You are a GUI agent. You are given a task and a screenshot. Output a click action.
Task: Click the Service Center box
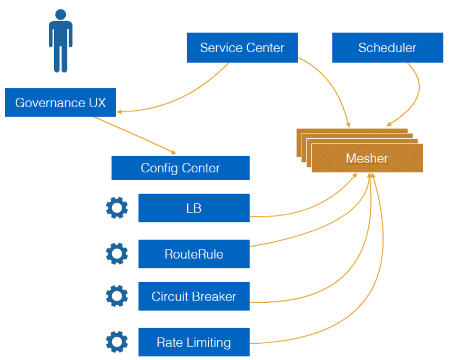pyautogui.click(x=242, y=48)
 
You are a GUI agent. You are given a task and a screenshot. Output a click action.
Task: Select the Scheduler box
pyautogui.click(x=387, y=48)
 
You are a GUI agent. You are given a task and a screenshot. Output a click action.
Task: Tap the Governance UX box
pyautogui.click(x=60, y=102)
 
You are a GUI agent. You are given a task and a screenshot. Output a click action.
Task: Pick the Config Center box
pyautogui.click(x=180, y=168)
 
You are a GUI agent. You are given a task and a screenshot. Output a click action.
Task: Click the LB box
pyautogui.click(x=194, y=208)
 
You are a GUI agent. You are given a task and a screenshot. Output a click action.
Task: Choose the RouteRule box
pyautogui.click(x=194, y=254)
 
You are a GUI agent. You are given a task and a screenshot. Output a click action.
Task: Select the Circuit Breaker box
pyautogui.click(x=194, y=296)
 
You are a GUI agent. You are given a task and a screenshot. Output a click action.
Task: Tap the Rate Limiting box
pyautogui.click(x=194, y=342)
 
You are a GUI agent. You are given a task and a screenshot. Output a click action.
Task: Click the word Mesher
pyautogui.click(x=367, y=158)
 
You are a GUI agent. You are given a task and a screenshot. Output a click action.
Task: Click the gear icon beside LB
pyautogui.click(x=117, y=208)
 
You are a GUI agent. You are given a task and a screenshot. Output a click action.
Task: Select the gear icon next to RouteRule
pyautogui.click(x=117, y=254)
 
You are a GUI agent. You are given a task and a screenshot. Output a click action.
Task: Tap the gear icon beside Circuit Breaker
pyautogui.click(x=117, y=296)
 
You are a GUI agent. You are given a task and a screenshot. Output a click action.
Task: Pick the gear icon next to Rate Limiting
pyautogui.click(x=117, y=342)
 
